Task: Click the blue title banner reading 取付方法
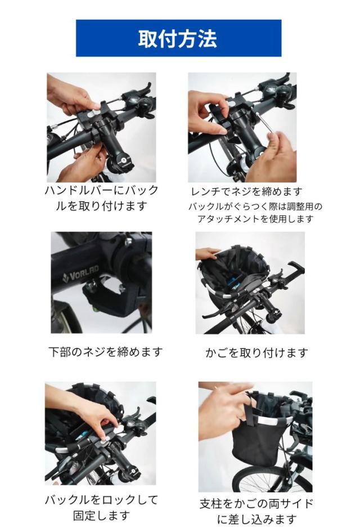point(178,38)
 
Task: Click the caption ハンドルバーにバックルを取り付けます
point(101,198)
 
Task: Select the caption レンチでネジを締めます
point(246,191)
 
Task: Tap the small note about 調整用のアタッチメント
point(255,212)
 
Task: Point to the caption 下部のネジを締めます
point(105,352)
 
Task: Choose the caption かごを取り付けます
point(256,352)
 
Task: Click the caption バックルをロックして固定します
point(101,507)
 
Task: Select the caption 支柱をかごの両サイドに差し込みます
point(256,511)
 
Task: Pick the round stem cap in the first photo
point(123,160)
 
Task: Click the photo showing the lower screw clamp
point(101,283)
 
